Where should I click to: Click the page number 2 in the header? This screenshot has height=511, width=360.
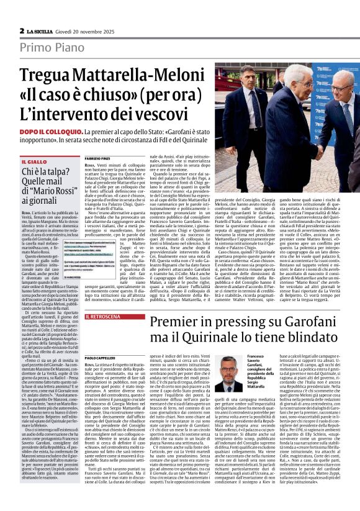coord(21,30)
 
